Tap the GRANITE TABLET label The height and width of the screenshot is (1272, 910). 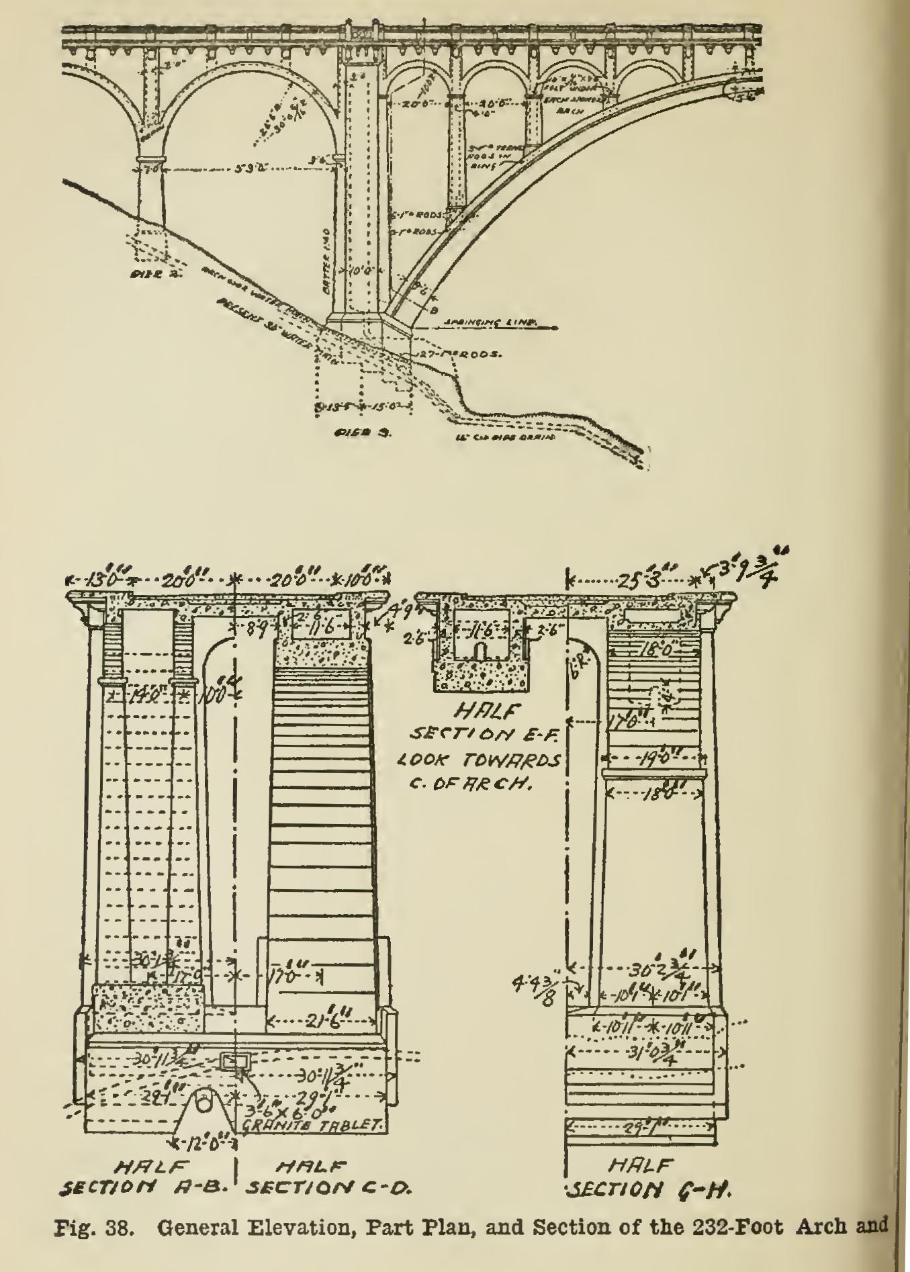[x=322, y=1122]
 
